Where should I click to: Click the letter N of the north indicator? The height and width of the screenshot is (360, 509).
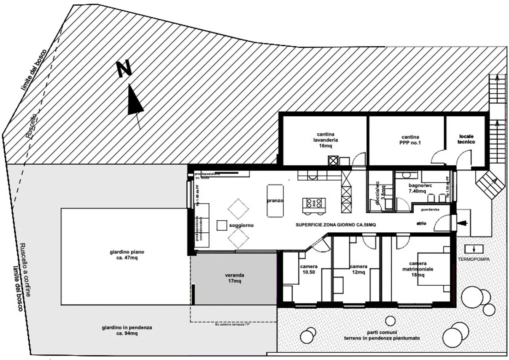point(124,69)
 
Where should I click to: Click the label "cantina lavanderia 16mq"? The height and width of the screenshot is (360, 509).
point(325,140)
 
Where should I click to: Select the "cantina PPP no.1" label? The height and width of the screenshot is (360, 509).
point(410,140)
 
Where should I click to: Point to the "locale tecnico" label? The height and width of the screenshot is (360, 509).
point(466,139)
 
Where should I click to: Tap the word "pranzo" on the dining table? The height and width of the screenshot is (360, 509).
point(275,201)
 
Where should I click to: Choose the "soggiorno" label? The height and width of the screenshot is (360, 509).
point(241,225)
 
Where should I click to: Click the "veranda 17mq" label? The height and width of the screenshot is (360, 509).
point(234,278)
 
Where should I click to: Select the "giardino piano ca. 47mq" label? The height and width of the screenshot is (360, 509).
point(127,255)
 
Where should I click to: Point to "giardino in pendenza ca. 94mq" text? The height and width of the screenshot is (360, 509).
point(127,330)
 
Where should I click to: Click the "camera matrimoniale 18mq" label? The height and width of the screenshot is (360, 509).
point(418,269)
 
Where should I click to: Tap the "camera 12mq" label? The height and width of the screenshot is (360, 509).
point(358,269)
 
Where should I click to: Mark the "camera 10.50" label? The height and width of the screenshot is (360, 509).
point(309,269)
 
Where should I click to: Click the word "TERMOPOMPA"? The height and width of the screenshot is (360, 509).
point(474,259)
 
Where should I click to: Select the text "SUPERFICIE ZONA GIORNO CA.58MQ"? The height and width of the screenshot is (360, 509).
point(335,225)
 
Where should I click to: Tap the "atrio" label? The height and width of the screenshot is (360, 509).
point(421,223)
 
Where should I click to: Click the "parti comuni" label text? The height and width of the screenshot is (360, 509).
point(382,332)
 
